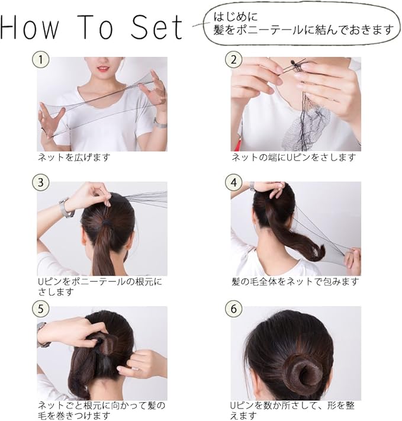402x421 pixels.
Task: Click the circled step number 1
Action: pyautogui.click(x=40, y=59)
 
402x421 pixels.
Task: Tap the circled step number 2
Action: pyautogui.click(x=234, y=59)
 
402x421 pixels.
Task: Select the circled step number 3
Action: pyautogui.click(x=40, y=183)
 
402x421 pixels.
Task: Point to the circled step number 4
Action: pyautogui.click(x=234, y=183)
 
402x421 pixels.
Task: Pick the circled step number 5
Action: pyautogui.click(x=40, y=308)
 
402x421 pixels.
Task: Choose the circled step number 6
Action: pyautogui.click(x=234, y=308)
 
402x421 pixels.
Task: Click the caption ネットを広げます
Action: pyautogui.click(x=74, y=158)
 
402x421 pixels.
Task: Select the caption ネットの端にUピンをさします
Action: pyautogui.click(x=294, y=158)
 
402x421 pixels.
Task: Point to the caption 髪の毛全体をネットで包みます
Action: pyautogui.click(x=295, y=282)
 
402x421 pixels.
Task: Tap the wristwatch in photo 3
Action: pyautogui.click(x=64, y=208)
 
